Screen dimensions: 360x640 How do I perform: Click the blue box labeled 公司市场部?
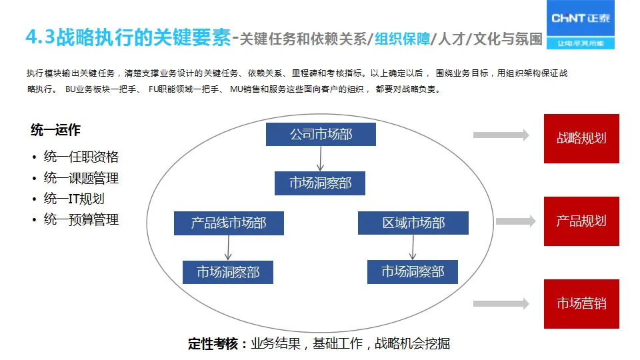click(x=321, y=134)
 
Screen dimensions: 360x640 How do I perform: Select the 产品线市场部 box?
click(x=229, y=223)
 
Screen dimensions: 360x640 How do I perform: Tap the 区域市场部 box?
click(x=413, y=223)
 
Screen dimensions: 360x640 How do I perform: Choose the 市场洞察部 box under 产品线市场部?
click(x=228, y=272)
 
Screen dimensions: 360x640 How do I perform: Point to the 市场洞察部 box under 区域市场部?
click(x=413, y=272)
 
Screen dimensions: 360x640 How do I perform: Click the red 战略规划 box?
click(x=581, y=139)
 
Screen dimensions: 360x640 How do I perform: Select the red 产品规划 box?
click(x=581, y=221)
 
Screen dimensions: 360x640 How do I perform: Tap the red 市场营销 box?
click(x=581, y=304)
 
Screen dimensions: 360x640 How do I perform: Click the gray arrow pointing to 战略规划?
click(x=501, y=135)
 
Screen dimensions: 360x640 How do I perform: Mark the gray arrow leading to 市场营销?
click(x=501, y=304)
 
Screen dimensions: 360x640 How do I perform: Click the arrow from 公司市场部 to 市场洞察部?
click(x=320, y=158)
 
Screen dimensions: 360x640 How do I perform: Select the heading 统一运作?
click(x=55, y=131)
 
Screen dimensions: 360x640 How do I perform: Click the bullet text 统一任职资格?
click(x=81, y=157)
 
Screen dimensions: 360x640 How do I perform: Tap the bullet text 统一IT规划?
click(x=73, y=199)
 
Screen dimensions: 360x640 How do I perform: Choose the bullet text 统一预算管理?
click(x=81, y=219)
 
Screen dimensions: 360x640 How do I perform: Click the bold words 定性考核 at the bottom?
click(x=213, y=344)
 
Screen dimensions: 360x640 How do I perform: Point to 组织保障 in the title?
click(x=402, y=38)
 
